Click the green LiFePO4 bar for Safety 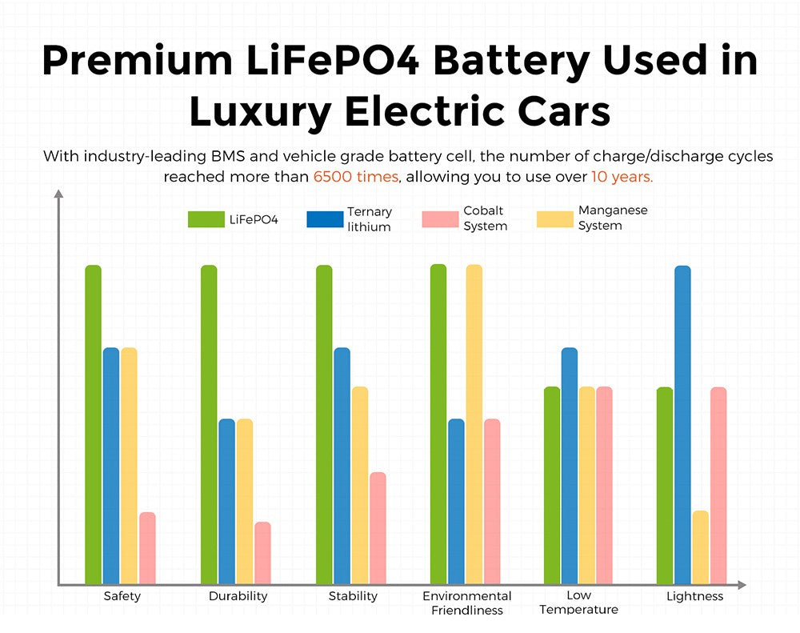click(94, 424)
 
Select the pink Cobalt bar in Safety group click(147, 548)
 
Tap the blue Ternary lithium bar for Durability click(227, 501)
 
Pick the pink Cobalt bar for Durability click(262, 553)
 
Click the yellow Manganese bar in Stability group click(360, 485)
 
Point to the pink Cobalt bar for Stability click(378, 528)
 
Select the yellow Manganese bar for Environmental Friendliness click(474, 424)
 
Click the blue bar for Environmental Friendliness click(456, 501)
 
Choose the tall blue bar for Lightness click(682, 424)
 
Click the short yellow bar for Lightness click(701, 547)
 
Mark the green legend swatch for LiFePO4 click(206, 219)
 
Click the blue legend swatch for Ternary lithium click(325, 219)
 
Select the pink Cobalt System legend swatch click(440, 219)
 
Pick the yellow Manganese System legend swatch click(554, 219)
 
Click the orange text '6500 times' click(356, 176)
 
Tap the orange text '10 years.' click(622, 176)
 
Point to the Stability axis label click(353, 596)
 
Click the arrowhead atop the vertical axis click(58, 194)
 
